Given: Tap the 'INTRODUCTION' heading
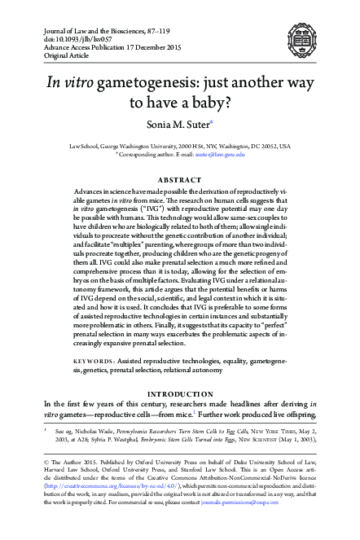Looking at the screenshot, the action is tap(179, 393).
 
